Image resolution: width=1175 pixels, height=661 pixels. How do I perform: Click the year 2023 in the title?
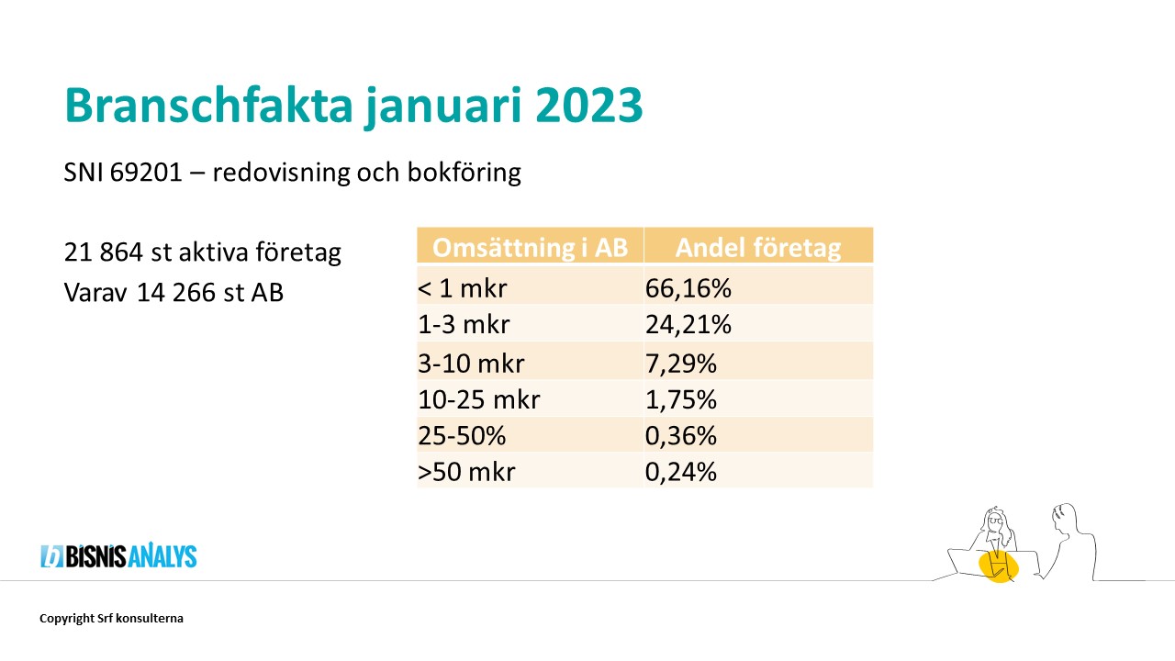pos(589,106)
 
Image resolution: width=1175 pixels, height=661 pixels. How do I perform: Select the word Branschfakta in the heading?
pos(208,105)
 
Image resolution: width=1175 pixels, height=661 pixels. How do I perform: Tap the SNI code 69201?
pos(146,172)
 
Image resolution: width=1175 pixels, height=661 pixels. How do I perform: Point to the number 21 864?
pos(104,252)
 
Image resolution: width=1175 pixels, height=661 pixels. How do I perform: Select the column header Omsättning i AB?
pos(530,247)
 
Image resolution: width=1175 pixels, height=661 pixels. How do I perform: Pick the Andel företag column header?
pos(758,248)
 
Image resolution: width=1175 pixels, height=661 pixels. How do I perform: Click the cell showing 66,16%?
pos(688,288)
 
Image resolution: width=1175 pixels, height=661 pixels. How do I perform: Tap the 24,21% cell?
pos(688,324)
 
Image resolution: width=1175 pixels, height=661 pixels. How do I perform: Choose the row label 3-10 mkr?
pos(471,363)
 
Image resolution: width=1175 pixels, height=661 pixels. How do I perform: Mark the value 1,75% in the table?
pos(680,399)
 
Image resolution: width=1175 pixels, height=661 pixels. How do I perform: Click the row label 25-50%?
pos(462,435)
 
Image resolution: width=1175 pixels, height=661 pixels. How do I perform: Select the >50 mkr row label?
pos(466,471)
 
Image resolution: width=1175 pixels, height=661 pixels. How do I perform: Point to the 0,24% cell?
pos(680,471)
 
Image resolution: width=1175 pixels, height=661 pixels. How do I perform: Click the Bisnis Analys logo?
pos(118,555)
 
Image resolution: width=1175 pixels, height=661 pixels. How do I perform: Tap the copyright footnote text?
pos(111,618)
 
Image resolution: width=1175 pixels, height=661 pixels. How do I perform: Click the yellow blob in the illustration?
pos(999,566)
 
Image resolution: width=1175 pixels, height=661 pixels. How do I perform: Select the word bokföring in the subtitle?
pos(464,173)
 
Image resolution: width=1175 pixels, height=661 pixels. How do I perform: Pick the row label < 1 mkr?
pos(462,288)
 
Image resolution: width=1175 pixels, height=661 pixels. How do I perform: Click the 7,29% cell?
pos(680,363)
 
